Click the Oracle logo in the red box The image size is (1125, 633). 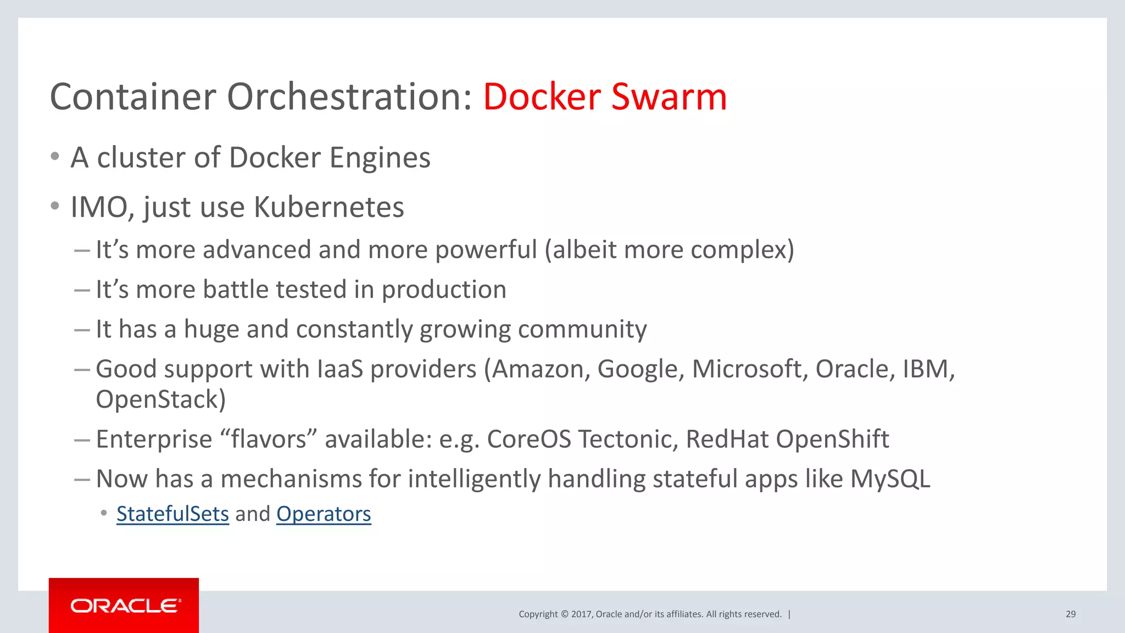pyautogui.click(x=125, y=606)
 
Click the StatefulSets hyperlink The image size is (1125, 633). pyautogui.click(x=172, y=514)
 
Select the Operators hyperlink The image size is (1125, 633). pyautogui.click(x=324, y=514)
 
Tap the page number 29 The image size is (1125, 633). pyautogui.click(x=1070, y=614)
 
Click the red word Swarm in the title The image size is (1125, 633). pyautogui.click(x=669, y=97)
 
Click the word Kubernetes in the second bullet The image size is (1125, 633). pyautogui.click(x=328, y=207)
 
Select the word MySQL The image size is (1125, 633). pyautogui.click(x=890, y=479)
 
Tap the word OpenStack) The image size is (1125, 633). pyautogui.click(x=160, y=399)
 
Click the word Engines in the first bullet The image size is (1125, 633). pyautogui.click(x=380, y=158)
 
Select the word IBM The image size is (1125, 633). pyautogui.click(x=928, y=369)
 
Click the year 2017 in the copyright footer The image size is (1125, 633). pyautogui.click(x=581, y=614)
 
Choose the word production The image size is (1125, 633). pyautogui.click(x=444, y=290)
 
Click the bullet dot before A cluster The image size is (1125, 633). pyautogui.click(x=54, y=157)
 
